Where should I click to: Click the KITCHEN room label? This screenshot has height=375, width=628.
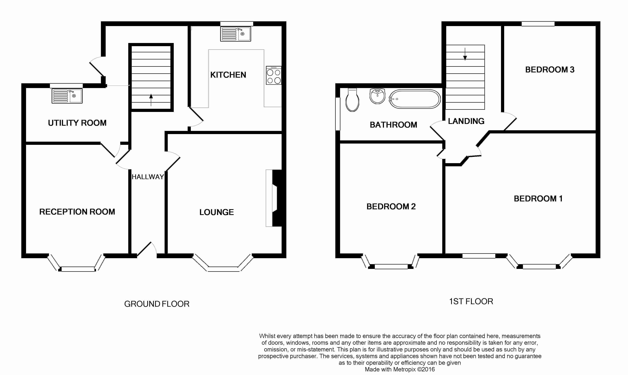pos(228,75)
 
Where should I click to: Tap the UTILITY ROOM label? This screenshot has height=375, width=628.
pos(77,123)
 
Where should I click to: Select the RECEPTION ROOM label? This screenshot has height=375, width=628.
pos(77,212)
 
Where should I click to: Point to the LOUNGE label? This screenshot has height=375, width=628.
pos(217,212)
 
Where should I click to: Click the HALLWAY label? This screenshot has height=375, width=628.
pos(148,177)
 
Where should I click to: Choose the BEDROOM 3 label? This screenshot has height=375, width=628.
pos(550,70)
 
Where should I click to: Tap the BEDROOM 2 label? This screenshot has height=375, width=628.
pos(391,206)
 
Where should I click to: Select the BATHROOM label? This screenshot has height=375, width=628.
pos(393,125)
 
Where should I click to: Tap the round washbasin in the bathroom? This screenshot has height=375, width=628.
pos(377,96)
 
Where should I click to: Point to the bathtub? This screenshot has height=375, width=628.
pos(415,99)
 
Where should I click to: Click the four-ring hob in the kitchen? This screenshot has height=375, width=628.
pos(274,75)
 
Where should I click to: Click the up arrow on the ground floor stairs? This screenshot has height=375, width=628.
pos(151,100)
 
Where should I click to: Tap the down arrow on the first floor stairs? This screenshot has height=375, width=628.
pos(465,54)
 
